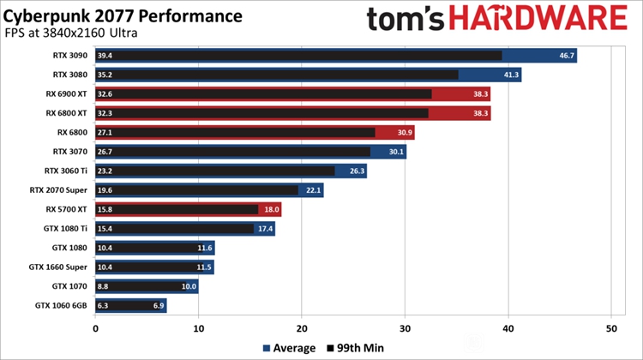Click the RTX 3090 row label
[x=70, y=56]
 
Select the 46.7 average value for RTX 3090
[x=566, y=56]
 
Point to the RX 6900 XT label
[x=66, y=94]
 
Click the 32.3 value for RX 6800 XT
[x=105, y=113]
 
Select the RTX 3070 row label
[x=70, y=152]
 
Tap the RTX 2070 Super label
[x=59, y=190]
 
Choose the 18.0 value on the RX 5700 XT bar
[x=270, y=209]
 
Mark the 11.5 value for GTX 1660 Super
[x=203, y=267]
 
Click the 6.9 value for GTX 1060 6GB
[x=157, y=305]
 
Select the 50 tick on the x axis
[x=610, y=328]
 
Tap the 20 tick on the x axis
[x=301, y=328]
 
